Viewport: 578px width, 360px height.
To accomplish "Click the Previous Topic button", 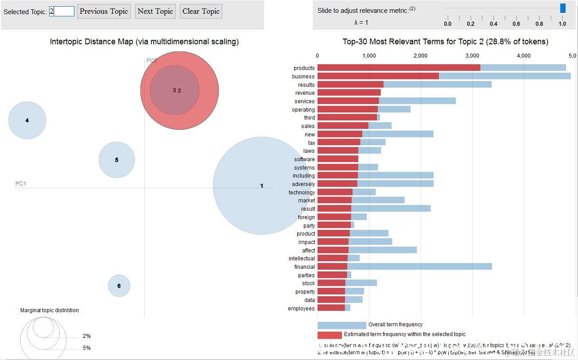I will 104,12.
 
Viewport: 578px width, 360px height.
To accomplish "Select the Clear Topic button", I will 201,12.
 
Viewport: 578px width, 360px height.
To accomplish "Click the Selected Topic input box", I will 62,12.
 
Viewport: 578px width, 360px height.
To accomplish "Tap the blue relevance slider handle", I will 562,8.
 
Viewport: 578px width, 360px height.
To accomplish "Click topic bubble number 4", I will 27,120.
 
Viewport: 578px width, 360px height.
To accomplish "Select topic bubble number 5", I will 116,160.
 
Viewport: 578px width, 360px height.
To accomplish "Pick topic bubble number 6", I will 119,286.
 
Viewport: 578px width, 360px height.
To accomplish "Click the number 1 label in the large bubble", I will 262,186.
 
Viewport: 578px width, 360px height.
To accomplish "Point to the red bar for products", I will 399,68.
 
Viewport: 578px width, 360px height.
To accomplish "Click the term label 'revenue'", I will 305,93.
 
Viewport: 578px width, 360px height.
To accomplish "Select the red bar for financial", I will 332,267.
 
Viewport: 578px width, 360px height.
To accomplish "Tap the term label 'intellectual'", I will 302,259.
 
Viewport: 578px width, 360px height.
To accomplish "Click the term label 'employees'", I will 301,309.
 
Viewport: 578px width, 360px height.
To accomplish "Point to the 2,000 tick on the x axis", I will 420,56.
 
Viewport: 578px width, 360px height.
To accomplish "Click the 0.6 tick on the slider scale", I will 516,24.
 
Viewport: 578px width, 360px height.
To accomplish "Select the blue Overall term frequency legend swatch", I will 341,325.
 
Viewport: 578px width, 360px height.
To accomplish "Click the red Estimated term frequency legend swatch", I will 330,335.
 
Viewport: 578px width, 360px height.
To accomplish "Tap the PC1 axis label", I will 21,184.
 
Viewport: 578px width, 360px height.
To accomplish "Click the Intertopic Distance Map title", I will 144,42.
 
